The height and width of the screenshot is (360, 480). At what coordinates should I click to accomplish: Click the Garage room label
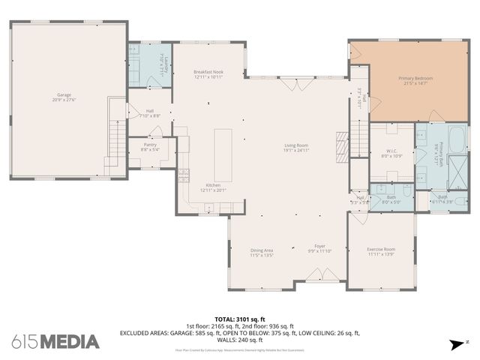66,97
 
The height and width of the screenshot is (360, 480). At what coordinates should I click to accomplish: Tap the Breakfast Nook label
208,74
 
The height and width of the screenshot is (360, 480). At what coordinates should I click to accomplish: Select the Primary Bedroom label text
415,80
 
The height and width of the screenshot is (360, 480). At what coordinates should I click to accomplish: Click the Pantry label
150,146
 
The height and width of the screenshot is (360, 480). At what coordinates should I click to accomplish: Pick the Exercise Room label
380,251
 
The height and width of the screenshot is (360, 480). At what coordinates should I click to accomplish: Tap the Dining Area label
261,253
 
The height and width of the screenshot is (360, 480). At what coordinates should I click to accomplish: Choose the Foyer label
319,248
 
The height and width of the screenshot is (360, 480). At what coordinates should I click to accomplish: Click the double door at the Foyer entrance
317,281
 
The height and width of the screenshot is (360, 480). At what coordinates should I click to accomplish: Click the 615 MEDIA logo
55,342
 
